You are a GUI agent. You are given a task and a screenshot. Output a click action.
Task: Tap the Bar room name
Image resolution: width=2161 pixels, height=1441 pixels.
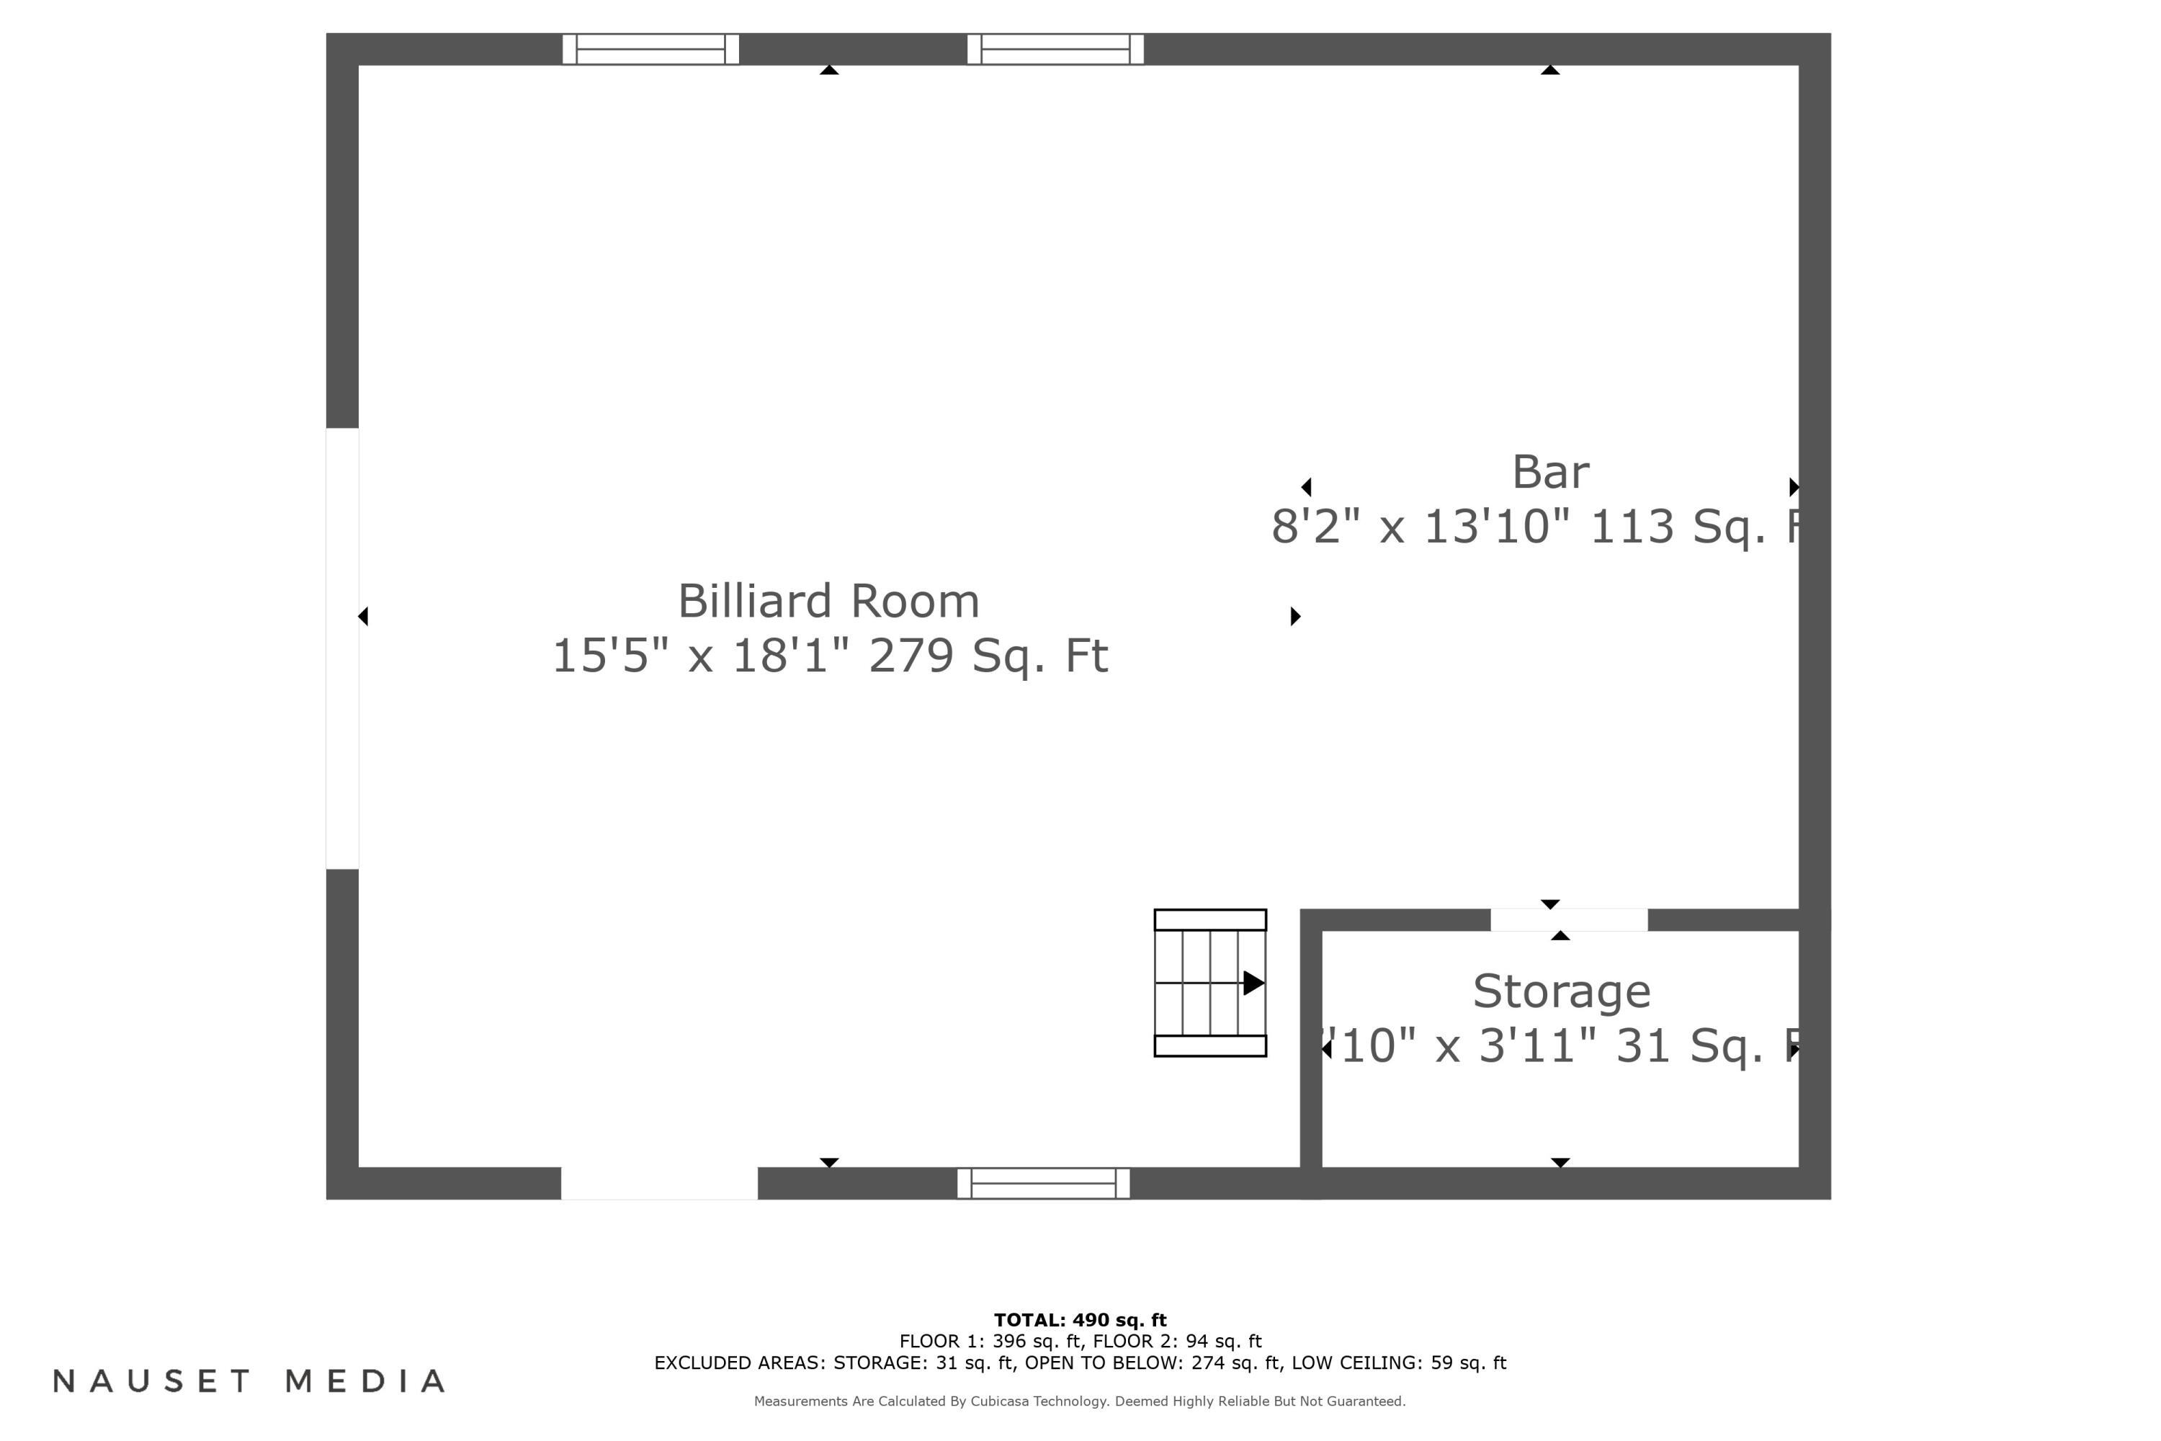(1550, 473)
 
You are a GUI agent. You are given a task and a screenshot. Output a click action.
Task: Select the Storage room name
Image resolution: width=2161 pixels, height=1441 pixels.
(1561, 991)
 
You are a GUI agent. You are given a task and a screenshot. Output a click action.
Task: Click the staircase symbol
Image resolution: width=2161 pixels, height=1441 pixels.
(1209, 983)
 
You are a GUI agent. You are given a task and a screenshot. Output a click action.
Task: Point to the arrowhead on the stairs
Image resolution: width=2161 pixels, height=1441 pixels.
(1253, 983)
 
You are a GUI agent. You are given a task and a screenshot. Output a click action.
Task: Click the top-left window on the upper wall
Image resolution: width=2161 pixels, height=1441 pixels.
(650, 50)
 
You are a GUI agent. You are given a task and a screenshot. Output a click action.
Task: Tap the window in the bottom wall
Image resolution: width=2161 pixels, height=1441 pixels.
(1043, 1184)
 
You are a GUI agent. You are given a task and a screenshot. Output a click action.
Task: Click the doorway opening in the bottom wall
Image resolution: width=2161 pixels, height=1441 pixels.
(659, 1184)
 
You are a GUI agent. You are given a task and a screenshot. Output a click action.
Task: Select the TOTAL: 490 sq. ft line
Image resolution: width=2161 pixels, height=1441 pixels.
(1080, 1321)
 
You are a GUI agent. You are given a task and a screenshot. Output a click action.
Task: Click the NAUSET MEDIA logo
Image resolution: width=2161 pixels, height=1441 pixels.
(249, 1381)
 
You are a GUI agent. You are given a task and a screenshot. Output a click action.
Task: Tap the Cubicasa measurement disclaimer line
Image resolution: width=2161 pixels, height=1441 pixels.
(1080, 1401)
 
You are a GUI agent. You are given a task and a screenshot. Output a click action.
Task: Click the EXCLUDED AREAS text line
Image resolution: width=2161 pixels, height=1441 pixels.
(1080, 1363)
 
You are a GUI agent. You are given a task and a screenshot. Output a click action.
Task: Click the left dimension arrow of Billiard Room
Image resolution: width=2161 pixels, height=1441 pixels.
(364, 617)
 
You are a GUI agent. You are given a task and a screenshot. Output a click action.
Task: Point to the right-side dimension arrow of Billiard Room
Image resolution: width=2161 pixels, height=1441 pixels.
(1295, 617)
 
